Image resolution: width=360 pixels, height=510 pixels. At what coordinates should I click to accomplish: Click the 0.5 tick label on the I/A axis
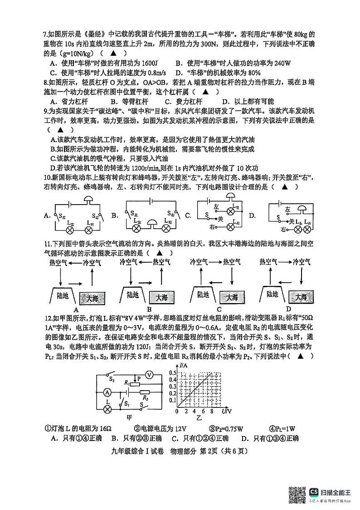172,373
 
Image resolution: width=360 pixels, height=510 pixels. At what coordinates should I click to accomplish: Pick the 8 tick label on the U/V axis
211,412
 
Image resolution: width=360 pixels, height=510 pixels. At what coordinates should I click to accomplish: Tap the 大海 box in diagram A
92,298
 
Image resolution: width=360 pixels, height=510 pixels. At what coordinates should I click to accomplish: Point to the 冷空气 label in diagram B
129,262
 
